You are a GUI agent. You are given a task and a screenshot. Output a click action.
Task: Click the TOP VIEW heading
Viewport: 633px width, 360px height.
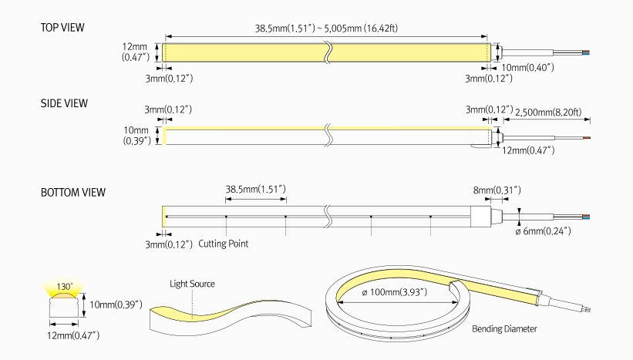click(x=62, y=29)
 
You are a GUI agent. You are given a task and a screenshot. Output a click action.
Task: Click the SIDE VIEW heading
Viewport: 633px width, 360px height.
click(x=64, y=103)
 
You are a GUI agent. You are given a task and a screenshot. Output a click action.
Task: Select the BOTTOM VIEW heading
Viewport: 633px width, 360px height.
click(x=72, y=192)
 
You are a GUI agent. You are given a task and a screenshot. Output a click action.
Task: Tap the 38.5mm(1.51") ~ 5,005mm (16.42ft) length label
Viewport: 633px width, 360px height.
click(x=326, y=29)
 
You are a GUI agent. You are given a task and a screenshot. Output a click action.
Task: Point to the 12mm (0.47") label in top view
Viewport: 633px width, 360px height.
click(x=136, y=51)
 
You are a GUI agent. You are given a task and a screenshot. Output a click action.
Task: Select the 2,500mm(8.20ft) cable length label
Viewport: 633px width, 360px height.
click(x=553, y=111)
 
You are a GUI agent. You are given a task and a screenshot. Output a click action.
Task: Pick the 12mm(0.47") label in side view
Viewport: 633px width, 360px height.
click(x=528, y=150)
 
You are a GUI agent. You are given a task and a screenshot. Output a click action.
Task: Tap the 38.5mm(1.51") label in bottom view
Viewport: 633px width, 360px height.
click(x=255, y=189)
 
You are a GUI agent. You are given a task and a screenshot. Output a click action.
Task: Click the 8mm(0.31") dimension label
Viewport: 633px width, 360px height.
click(x=496, y=190)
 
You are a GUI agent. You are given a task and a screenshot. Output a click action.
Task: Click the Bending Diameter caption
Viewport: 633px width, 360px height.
click(x=504, y=329)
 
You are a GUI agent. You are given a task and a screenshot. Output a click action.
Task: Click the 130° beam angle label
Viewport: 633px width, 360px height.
click(x=63, y=287)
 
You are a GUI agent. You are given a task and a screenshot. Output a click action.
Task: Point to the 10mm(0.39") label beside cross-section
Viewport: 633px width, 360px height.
click(x=114, y=304)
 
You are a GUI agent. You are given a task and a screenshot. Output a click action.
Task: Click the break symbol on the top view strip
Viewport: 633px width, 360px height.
click(x=329, y=52)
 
